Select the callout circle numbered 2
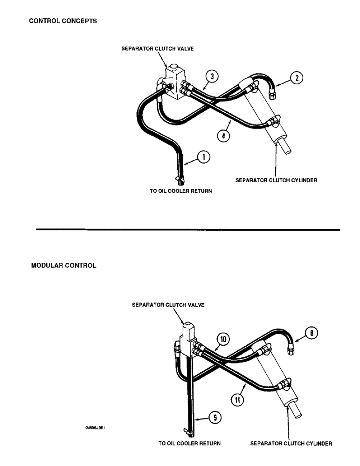click(295, 78)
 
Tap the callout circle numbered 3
click(212, 76)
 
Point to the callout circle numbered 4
click(223, 136)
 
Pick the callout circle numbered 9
click(215, 418)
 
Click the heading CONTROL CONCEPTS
click(63, 21)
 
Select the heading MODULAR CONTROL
click(63, 266)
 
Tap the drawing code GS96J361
click(95, 427)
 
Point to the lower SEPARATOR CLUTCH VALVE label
click(168, 305)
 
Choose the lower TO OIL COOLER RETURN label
click(189, 444)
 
